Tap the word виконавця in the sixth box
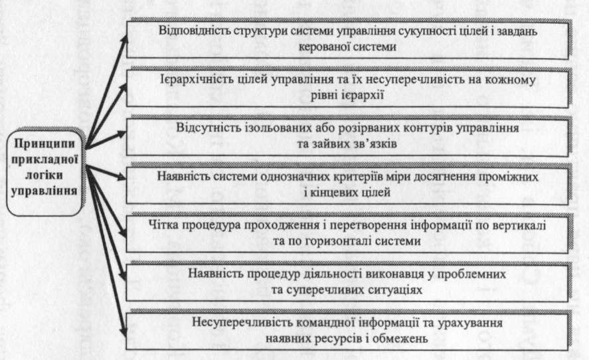tap(373, 273)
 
